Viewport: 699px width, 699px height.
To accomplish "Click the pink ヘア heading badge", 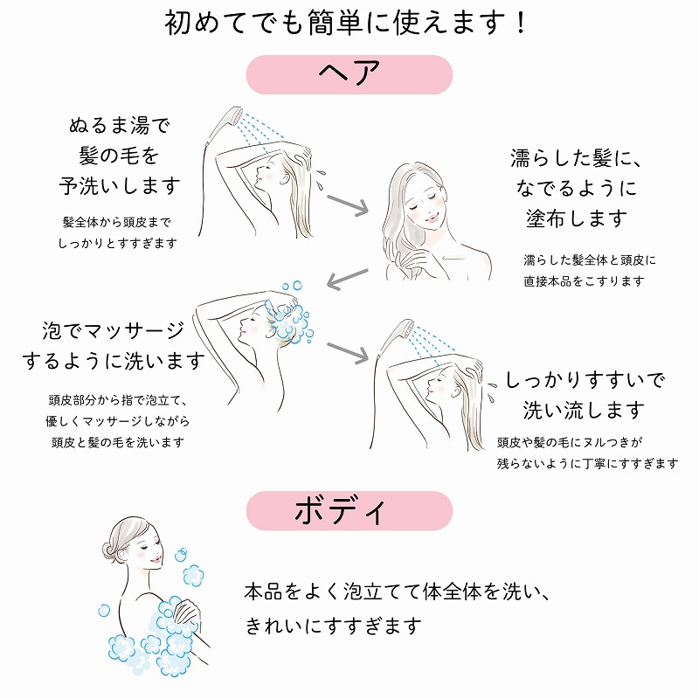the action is [349, 74].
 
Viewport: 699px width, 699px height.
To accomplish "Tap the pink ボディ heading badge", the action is [349, 510].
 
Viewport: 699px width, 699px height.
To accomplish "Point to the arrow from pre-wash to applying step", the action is [348, 204].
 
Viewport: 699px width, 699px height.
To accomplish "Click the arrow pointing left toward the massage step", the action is [348, 278].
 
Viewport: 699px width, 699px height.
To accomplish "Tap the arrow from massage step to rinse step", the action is [348, 352].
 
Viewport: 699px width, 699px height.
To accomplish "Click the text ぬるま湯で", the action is [120, 125].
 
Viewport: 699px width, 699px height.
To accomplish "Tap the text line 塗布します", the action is [577, 218].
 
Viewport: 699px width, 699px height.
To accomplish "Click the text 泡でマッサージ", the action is [114, 330].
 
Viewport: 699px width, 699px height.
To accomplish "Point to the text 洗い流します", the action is [584, 410].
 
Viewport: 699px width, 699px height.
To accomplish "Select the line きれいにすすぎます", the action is [333, 626].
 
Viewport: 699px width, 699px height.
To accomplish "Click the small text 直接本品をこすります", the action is [584, 281].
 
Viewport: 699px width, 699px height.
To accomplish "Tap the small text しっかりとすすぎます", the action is [118, 244].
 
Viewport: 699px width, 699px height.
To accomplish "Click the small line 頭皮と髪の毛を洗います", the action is [118, 442].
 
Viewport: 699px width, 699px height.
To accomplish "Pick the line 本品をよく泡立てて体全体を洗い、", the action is [398, 592].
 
